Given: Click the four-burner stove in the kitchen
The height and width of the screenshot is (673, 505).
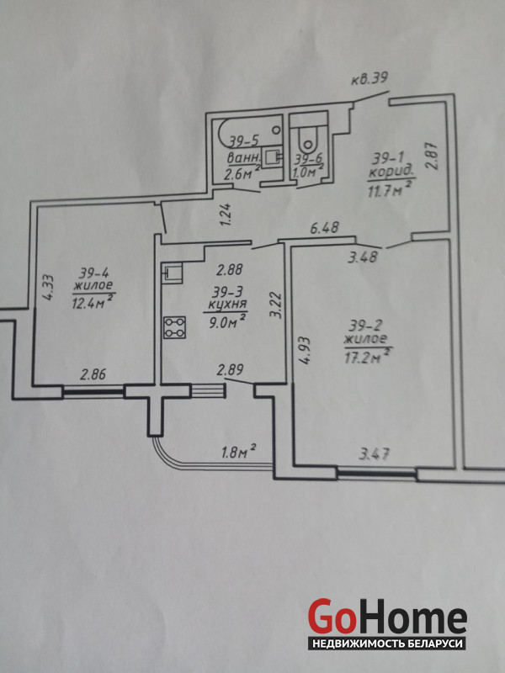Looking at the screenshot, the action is tap(174, 327).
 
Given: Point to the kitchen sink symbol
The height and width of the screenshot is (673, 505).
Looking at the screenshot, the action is tap(173, 273).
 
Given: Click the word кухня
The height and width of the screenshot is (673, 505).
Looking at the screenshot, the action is tap(226, 305).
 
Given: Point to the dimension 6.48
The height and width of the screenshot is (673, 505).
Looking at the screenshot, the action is tap(325, 227).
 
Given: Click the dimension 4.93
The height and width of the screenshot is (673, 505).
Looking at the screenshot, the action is tap(305, 350).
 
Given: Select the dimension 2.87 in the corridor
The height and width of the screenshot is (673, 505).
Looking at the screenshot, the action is tap(433, 156).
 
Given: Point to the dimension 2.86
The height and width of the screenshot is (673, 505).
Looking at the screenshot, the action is tap(93, 375).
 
